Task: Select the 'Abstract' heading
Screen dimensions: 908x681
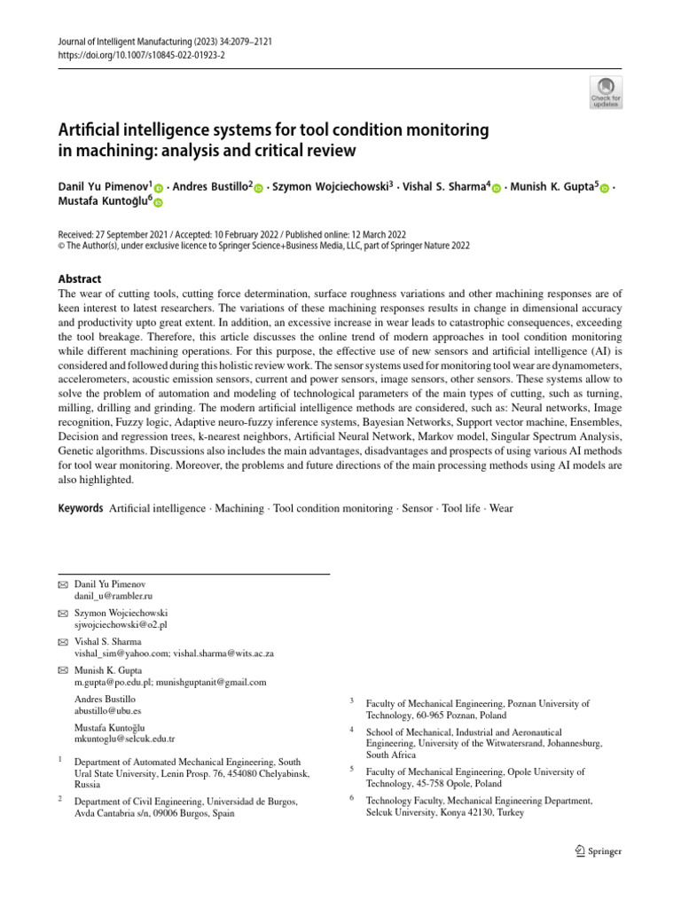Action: tap(80, 278)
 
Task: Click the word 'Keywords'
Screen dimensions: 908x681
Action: tap(80, 508)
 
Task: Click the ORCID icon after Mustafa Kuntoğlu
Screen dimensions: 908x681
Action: tap(159, 203)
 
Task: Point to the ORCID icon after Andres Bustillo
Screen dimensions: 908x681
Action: tap(259, 187)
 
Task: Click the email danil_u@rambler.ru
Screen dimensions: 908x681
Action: tap(113, 598)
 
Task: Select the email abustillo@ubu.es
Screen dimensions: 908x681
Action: tap(108, 710)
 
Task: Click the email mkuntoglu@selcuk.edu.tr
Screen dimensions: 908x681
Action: tap(125, 738)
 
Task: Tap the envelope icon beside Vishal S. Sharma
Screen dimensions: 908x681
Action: tap(61, 641)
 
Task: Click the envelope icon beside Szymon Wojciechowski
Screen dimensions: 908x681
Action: tap(61, 613)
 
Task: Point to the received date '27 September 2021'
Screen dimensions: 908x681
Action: tap(129, 232)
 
